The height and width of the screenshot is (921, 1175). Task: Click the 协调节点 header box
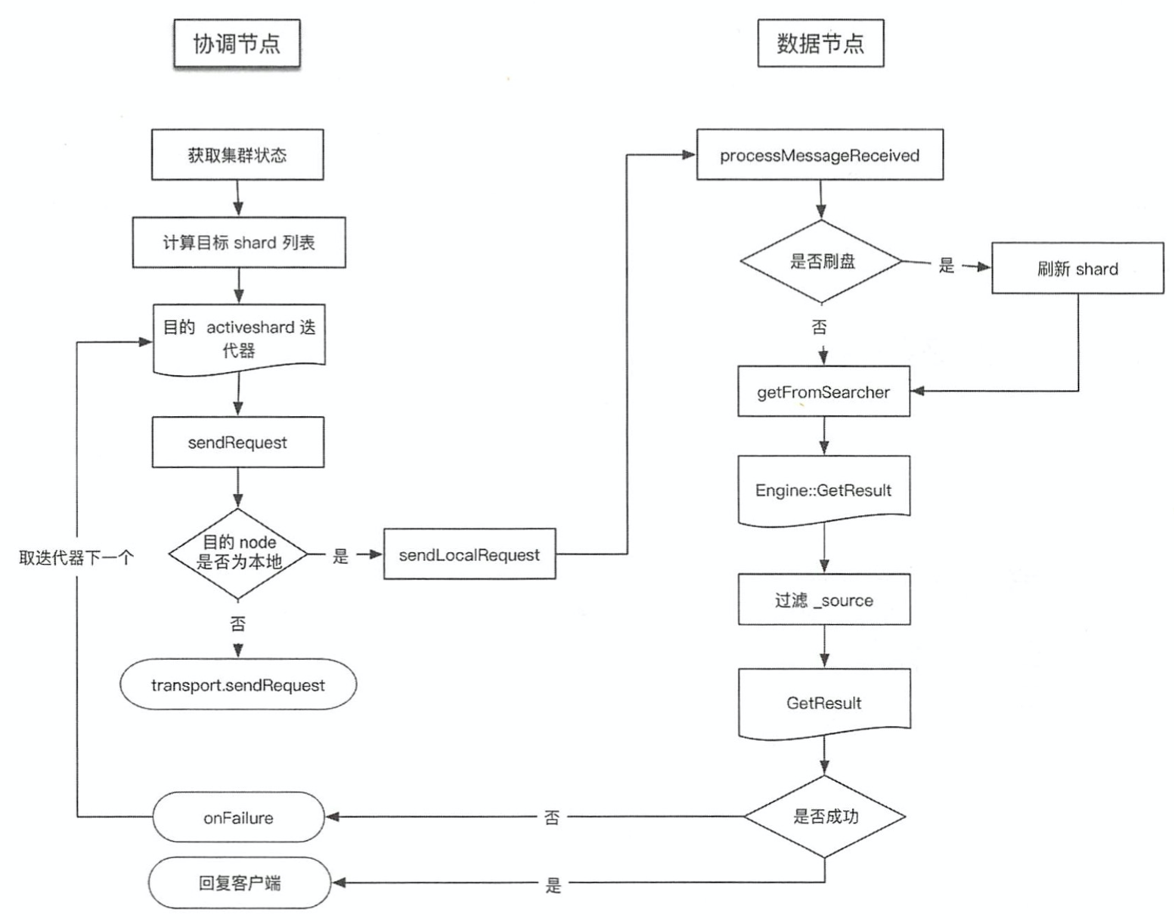tap(237, 44)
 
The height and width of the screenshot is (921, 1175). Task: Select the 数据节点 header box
tap(820, 44)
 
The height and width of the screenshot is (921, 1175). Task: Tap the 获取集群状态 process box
tap(237, 155)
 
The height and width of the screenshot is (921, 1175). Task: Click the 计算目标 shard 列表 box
tap(239, 243)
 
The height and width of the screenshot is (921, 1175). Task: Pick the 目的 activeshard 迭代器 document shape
tap(239, 338)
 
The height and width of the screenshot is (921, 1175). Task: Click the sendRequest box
tap(237, 442)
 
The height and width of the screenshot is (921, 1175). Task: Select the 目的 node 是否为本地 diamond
tap(238, 553)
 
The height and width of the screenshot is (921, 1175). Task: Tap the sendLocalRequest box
tap(469, 555)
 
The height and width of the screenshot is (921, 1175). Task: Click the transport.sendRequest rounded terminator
tap(238, 685)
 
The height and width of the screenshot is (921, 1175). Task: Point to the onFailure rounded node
tap(238, 817)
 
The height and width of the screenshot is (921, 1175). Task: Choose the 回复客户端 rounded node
tap(239, 882)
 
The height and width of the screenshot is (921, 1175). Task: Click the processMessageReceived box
tap(820, 155)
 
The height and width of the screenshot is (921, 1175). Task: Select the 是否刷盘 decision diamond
tap(822, 262)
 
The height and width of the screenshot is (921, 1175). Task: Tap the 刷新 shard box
tap(1077, 268)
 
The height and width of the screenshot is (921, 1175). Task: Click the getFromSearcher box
tap(823, 392)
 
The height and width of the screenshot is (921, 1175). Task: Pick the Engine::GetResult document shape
tap(823, 490)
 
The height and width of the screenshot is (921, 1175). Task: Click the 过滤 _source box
tap(823, 600)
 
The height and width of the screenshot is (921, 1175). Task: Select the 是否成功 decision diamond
tap(825, 816)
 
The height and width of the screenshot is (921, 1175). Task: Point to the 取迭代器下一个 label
tap(76, 558)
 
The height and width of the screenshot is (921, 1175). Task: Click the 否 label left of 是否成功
tap(552, 817)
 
